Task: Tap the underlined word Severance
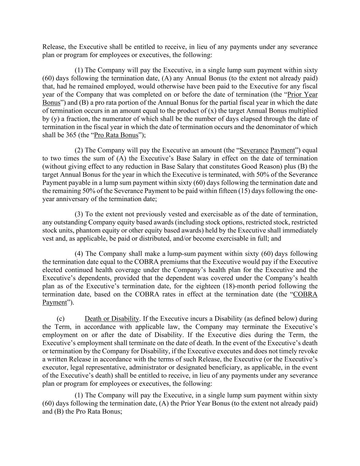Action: pos(254,150)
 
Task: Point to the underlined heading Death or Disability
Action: pos(112,319)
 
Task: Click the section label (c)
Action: pos(61,319)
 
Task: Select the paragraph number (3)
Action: pos(79,214)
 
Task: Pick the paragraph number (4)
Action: pos(79,254)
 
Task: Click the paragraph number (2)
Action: pos(79,150)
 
